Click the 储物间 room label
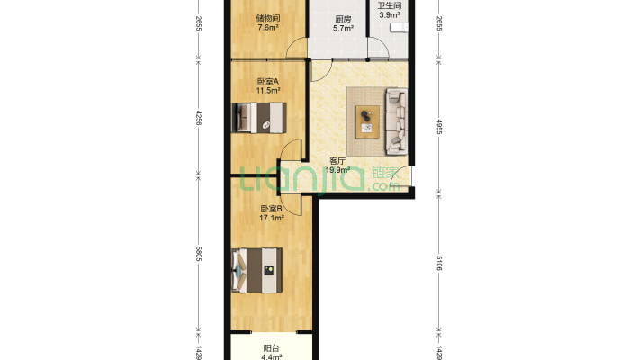pyautogui.click(x=267, y=18)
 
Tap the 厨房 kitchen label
pyautogui.click(x=343, y=19)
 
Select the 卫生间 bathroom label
pyautogui.click(x=389, y=5)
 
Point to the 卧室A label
pyautogui.click(x=267, y=82)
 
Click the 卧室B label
pyautogui.click(x=272, y=209)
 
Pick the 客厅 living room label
pyautogui.click(x=337, y=161)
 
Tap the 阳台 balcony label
pyautogui.click(x=272, y=348)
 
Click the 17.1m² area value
pyautogui.click(x=272, y=218)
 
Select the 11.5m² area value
pyautogui.click(x=267, y=91)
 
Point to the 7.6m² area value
pyautogui.click(x=267, y=27)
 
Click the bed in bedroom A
pyautogui.click(x=259, y=117)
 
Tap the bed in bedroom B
pyautogui.click(x=257, y=270)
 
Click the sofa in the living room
pyautogui.click(x=396, y=121)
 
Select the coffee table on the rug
pyautogui.click(x=367, y=121)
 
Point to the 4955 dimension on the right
pyautogui.click(x=439, y=126)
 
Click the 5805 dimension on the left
pyautogui.click(x=199, y=254)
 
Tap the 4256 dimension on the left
pyautogui.click(x=199, y=118)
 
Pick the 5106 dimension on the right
pyautogui.click(x=439, y=263)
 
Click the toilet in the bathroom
pyautogui.click(x=399, y=27)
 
